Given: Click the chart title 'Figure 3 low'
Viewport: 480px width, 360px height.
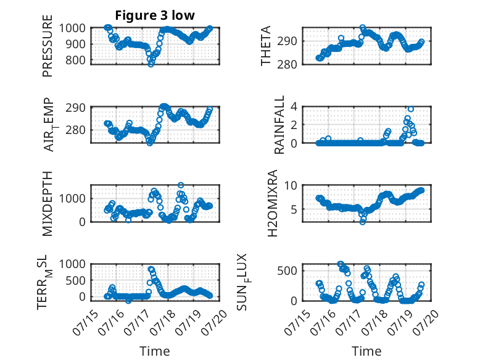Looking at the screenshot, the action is [155, 15].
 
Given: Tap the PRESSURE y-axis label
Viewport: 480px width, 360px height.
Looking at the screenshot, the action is [48, 46].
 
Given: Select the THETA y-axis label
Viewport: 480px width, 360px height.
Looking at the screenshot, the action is [266, 46].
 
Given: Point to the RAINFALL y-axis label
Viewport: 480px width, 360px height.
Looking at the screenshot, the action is [279, 124].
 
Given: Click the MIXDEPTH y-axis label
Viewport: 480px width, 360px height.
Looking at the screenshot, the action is [48, 203].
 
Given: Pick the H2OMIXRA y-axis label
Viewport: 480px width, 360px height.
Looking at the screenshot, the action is [272, 203].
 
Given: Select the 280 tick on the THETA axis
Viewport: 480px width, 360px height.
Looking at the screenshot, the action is [287, 65].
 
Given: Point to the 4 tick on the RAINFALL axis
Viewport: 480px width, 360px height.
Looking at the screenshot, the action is [294, 107].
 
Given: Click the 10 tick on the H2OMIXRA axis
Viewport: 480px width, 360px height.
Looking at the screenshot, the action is [291, 185].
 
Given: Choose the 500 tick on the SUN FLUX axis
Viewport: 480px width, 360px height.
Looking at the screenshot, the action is [287, 270].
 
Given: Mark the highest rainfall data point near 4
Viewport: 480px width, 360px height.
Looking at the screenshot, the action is [410, 109].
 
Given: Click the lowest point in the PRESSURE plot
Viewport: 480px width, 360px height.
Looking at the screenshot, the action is [151, 64].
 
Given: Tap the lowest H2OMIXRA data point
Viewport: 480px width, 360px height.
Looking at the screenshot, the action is [363, 222].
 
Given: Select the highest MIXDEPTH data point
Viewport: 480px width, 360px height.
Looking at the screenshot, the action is [181, 185].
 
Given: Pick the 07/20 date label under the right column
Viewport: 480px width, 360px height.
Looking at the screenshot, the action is [426, 322].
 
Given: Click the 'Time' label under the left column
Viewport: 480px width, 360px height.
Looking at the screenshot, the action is [155, 351].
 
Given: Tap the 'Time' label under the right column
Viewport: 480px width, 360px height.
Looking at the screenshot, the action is [366, 351].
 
